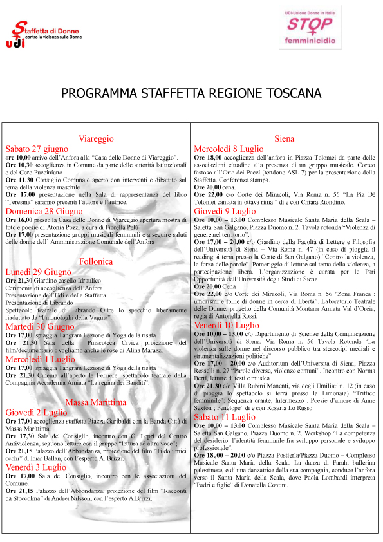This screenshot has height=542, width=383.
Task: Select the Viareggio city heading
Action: (96, 138)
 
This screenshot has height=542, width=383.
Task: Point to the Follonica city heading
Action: (96, 261)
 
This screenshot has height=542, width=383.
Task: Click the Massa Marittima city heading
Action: (96, 402)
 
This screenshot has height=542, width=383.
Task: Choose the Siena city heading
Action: (284, 138)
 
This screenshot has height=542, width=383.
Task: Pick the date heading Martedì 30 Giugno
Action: (41, 326)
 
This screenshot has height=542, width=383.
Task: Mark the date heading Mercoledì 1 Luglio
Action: (40, 359)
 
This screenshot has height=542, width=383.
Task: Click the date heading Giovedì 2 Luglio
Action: (38, 412)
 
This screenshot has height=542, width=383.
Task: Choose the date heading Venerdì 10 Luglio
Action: (227, 326)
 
